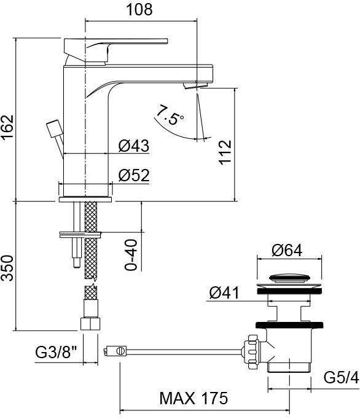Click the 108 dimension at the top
coord(140,10)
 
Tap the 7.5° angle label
coord(170,115)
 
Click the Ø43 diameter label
coord(133,146)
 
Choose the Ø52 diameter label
coord(133,175)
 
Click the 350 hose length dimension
coord(8,268)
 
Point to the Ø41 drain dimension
coord(224,293)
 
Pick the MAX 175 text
coord(194,397)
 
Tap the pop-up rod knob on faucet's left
coord(52,130)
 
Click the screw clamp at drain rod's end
coord(117,351)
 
